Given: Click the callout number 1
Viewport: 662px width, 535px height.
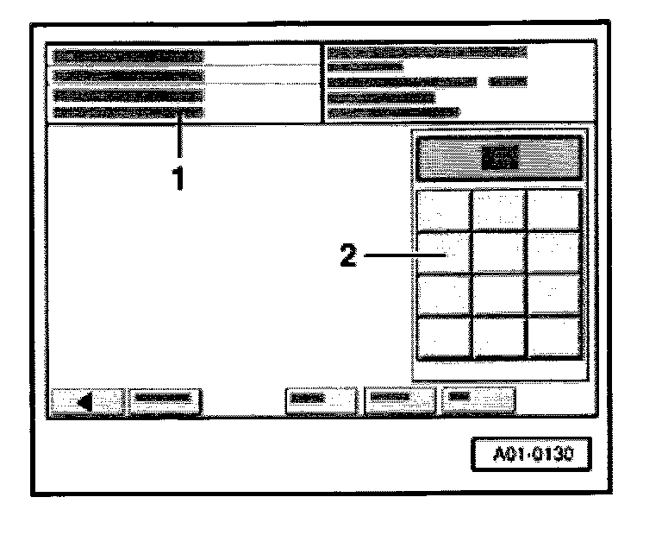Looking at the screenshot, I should pyautogui.click(x=178, y=179).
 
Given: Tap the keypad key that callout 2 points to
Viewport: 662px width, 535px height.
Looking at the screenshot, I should pyautogui.click(x=444, y=253).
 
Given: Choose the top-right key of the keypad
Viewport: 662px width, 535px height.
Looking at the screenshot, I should pyautogui.click(x=553, y=211).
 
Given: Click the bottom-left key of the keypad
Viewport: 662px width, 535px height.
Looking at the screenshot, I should pyautogui.click(x=444, y=337).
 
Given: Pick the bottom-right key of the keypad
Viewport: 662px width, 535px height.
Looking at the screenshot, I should pyautogui.click(x=553, y=337).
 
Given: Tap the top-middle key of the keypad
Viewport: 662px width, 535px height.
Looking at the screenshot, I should pyautogui.click(x=499, y=211).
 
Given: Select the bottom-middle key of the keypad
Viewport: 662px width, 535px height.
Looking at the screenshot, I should pyautogui.click(x=499, y=337).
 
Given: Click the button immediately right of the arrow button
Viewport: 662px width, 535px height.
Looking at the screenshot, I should pyautogui.click(x=165, y=400).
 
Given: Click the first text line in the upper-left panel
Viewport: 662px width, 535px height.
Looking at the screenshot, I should pyautogui.click(x=127, y=55).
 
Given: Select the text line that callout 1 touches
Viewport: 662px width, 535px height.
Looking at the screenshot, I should pyautogui.click(x=127, y=113).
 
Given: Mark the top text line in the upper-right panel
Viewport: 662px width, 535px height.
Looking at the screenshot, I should pyautogui.click(x=427, y=52).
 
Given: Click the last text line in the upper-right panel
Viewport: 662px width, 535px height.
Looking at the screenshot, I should pyautogui.click(x=393, y=112).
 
